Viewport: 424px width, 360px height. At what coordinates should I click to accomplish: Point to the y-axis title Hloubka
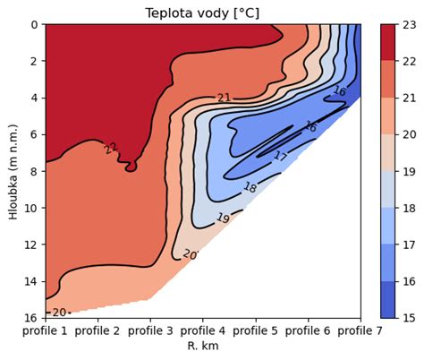tap(13, 171)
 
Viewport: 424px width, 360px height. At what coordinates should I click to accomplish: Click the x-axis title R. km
tap(203, 346)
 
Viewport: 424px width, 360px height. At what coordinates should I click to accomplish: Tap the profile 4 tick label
tap(203, 331)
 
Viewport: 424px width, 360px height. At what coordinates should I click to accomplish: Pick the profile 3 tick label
tap(150, 331)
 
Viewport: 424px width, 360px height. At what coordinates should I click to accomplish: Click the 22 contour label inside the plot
tap(111, 149)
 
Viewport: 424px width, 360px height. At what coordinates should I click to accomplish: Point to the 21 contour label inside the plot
tap(225, 98)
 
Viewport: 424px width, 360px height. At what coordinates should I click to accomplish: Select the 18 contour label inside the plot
tap(250, 188)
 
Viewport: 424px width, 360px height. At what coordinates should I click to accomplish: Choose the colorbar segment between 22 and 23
tap(389, 43)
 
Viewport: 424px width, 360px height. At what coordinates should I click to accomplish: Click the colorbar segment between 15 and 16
tap(389, 299)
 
